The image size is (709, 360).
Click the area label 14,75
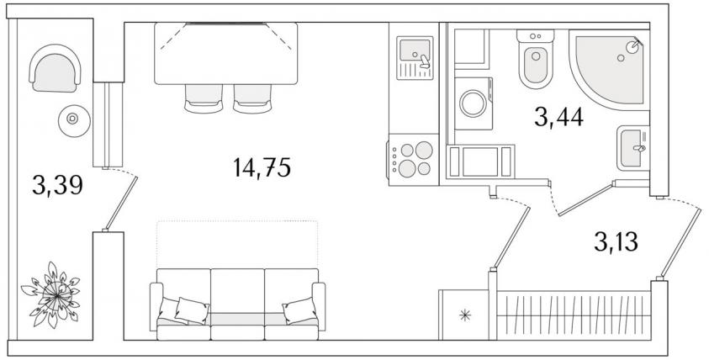pyautogui.click(x=262, y=167)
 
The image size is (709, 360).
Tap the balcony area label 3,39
pyautogui.click(x=57, y=185)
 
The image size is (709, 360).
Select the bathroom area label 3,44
pyautogui.click(x=559, y=118)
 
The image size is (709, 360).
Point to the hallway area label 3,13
pyautogui.click(x=616, y=242)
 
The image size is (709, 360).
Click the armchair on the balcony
pyautogui.click(x=56, y=68)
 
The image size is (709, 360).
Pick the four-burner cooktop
pyautogui.click(x=413, y=159)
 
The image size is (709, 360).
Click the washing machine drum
pyautogui.click(x=473, y=103)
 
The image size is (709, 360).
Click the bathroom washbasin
pyautogui.click(x=633, y=148)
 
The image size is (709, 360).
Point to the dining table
pyautogui.click(x=225, y=53)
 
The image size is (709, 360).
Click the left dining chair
pyautogui.click(x=204, y=98)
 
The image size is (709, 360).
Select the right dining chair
pyautogui.click(x=252, y=98)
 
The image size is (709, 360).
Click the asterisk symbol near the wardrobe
pyautogui.click(x=464, y=315)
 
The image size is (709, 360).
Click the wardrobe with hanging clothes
pyautogui.click(x=574, y=315)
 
